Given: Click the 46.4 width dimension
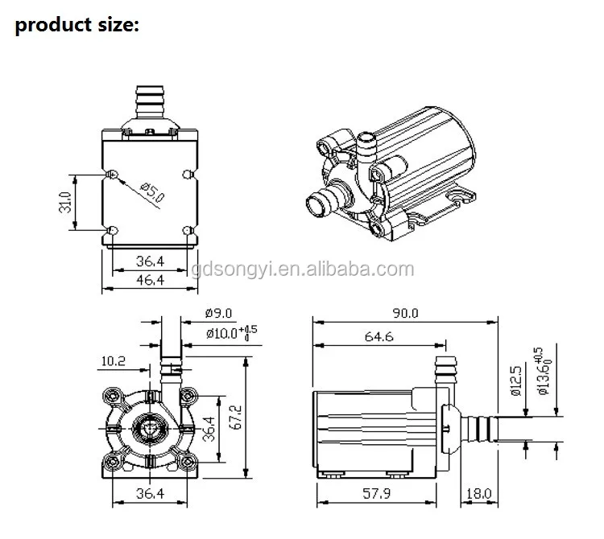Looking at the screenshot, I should (150, 279).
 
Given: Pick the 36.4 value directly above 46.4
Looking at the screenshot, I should (150, 261).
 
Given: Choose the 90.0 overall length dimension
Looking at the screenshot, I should (404, 315).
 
